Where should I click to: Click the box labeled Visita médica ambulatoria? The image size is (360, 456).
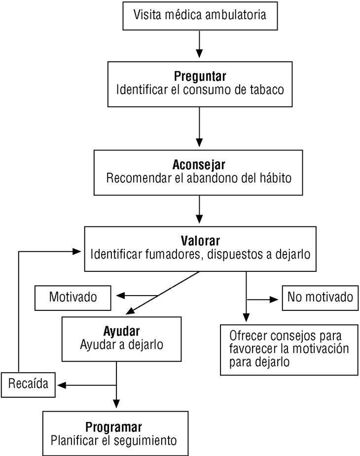click(199, 15)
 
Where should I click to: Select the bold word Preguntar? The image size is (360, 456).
click(200, 77)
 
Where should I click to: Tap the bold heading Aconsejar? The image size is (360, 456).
click(199, 164)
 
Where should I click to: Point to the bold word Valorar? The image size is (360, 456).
click(200, 241)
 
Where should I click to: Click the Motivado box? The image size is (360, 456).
click(72, 297)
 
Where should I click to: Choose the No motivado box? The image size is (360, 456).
click(320, 297)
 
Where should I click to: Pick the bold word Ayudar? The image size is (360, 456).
click(122, 330)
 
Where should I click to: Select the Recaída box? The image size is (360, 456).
click(28, 384)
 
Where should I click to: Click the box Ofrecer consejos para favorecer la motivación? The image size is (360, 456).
click(289, 348)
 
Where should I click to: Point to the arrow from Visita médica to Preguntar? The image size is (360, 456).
click(199, 45)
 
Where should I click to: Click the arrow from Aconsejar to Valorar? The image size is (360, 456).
click(199, 211)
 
